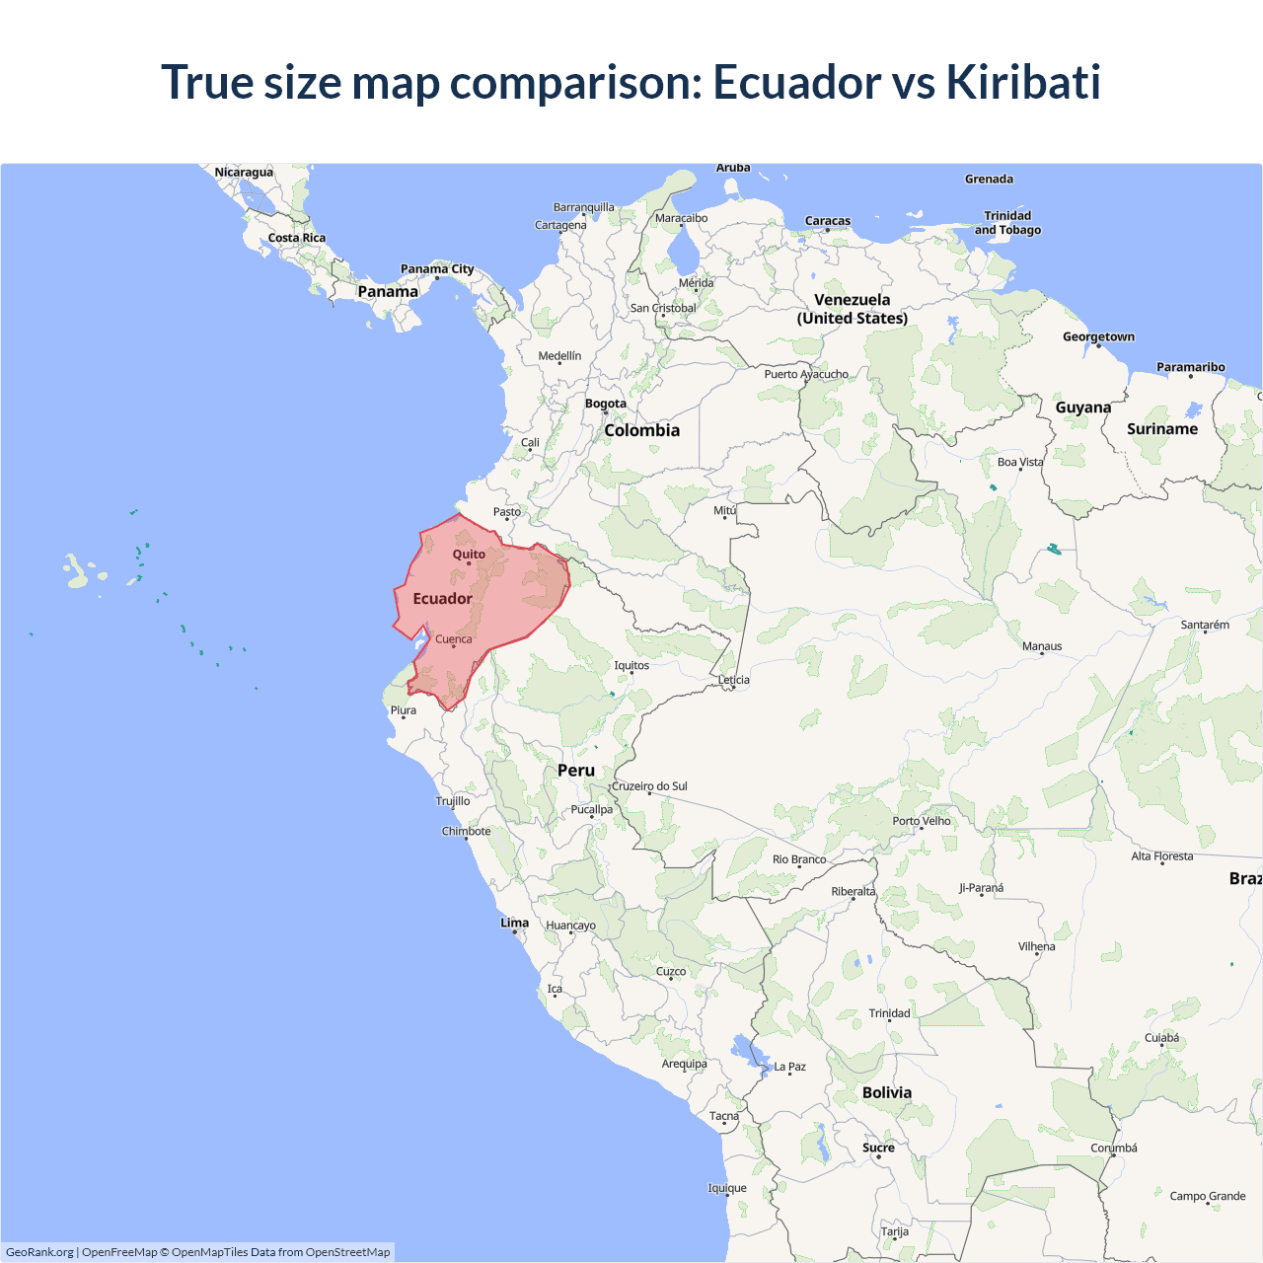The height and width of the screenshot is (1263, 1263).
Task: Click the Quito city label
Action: point(469,555)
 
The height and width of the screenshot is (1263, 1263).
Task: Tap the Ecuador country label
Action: point(442,599)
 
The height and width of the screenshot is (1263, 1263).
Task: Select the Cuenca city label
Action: point(454,639)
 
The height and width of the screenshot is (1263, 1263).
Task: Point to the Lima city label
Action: point(514,924)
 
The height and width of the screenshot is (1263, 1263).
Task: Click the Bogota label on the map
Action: point(606,404)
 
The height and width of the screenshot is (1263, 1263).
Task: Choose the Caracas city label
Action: point(827,221)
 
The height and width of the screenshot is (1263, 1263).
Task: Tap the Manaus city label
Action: point(1042,646)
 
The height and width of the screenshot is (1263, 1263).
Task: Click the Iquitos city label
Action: point(631,665)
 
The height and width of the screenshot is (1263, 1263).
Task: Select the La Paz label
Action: point(790,1067)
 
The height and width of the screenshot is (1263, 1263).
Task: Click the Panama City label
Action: point(437,269)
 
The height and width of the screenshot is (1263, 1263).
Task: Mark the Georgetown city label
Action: point(1098,337)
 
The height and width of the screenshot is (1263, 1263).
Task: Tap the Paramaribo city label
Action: point(1190,367)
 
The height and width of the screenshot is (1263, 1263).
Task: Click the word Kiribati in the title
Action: point(1023,82)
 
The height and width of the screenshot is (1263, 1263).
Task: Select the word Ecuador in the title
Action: point(796,82)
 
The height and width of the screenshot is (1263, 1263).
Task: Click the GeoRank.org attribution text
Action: point(39,1252)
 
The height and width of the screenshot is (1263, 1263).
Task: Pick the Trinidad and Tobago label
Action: point(1007,223)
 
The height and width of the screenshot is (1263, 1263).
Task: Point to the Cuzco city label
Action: point(671,972)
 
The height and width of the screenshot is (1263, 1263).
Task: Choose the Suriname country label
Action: point(1162,429)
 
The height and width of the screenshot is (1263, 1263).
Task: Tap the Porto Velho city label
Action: point(922,821)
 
